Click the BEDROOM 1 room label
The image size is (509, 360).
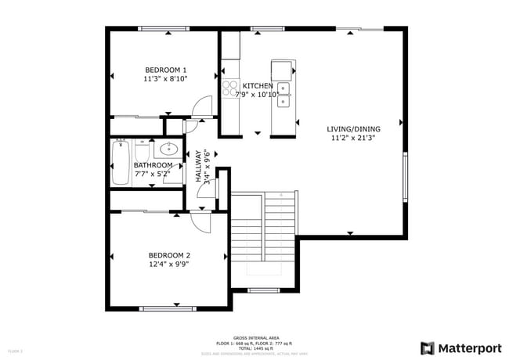(165, 69)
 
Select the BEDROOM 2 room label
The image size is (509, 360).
(169, 255)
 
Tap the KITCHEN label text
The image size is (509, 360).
(258, 86)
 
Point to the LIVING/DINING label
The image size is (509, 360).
(353, 129)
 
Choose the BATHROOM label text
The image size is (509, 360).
(153, 165)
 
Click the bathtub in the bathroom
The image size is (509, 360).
(120, 162)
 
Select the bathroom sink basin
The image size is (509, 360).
(168, 148)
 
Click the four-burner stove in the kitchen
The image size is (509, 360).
(230, 89)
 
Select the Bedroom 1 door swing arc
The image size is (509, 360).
(203, 106)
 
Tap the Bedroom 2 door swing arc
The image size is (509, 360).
(202, 222)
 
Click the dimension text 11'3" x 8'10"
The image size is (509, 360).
(165, 79)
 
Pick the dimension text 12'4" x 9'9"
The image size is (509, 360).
(169, 265)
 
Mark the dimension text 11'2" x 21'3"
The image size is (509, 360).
(353, 139)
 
